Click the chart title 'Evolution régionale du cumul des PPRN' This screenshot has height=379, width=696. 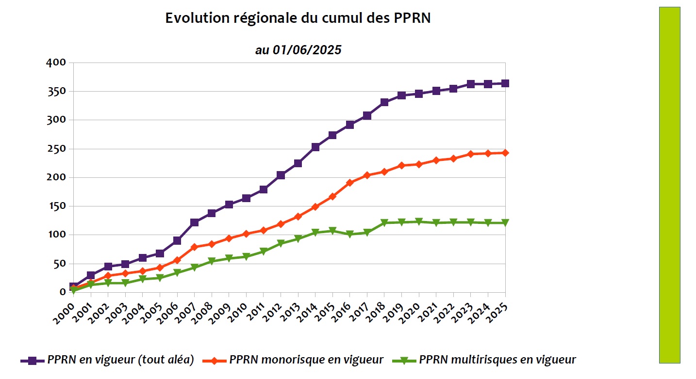(298, 18)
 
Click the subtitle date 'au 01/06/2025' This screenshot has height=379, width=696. (298, 50)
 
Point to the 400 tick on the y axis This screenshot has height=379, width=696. (56, 63)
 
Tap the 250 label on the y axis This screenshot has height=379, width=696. (56, 149)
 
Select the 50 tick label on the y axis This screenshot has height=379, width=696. (59, 264)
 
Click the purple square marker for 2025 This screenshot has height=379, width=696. (505, 83)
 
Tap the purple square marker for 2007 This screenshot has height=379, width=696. (194, 222)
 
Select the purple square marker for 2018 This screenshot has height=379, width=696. (384, 102)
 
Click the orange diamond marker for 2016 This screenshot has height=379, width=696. (349, 183)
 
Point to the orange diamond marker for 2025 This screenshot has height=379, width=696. (505, 153)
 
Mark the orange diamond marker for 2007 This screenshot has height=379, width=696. (194, 247)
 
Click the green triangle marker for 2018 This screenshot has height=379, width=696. (384, 223)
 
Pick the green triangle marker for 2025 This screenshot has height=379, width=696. (505, 223)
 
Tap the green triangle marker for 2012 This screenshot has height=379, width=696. (281, 243)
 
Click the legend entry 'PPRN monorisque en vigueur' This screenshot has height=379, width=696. (306, 360)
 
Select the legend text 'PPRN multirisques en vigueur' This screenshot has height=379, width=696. (497, 360)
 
